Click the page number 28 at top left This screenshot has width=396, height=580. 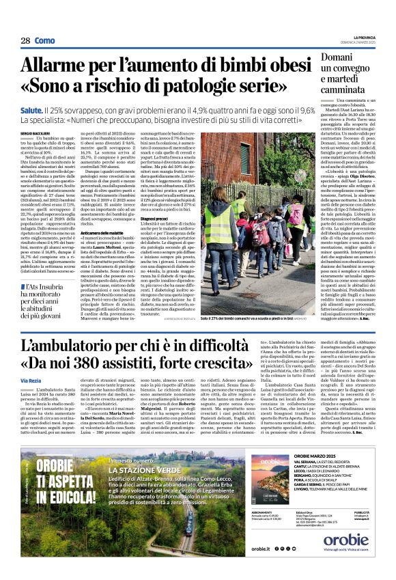click(25, 41)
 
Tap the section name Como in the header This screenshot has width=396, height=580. click(45, 41)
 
